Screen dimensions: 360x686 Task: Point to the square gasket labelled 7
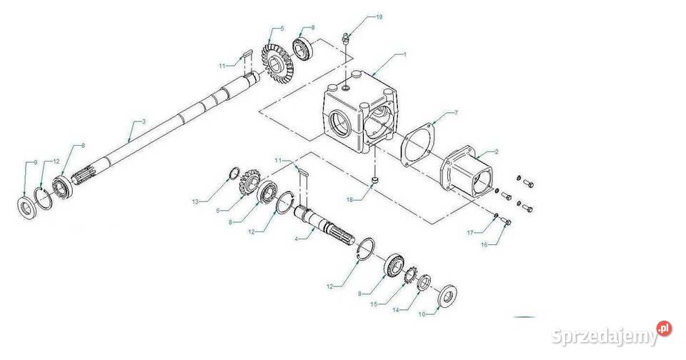417,147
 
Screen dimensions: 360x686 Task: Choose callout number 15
373,304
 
